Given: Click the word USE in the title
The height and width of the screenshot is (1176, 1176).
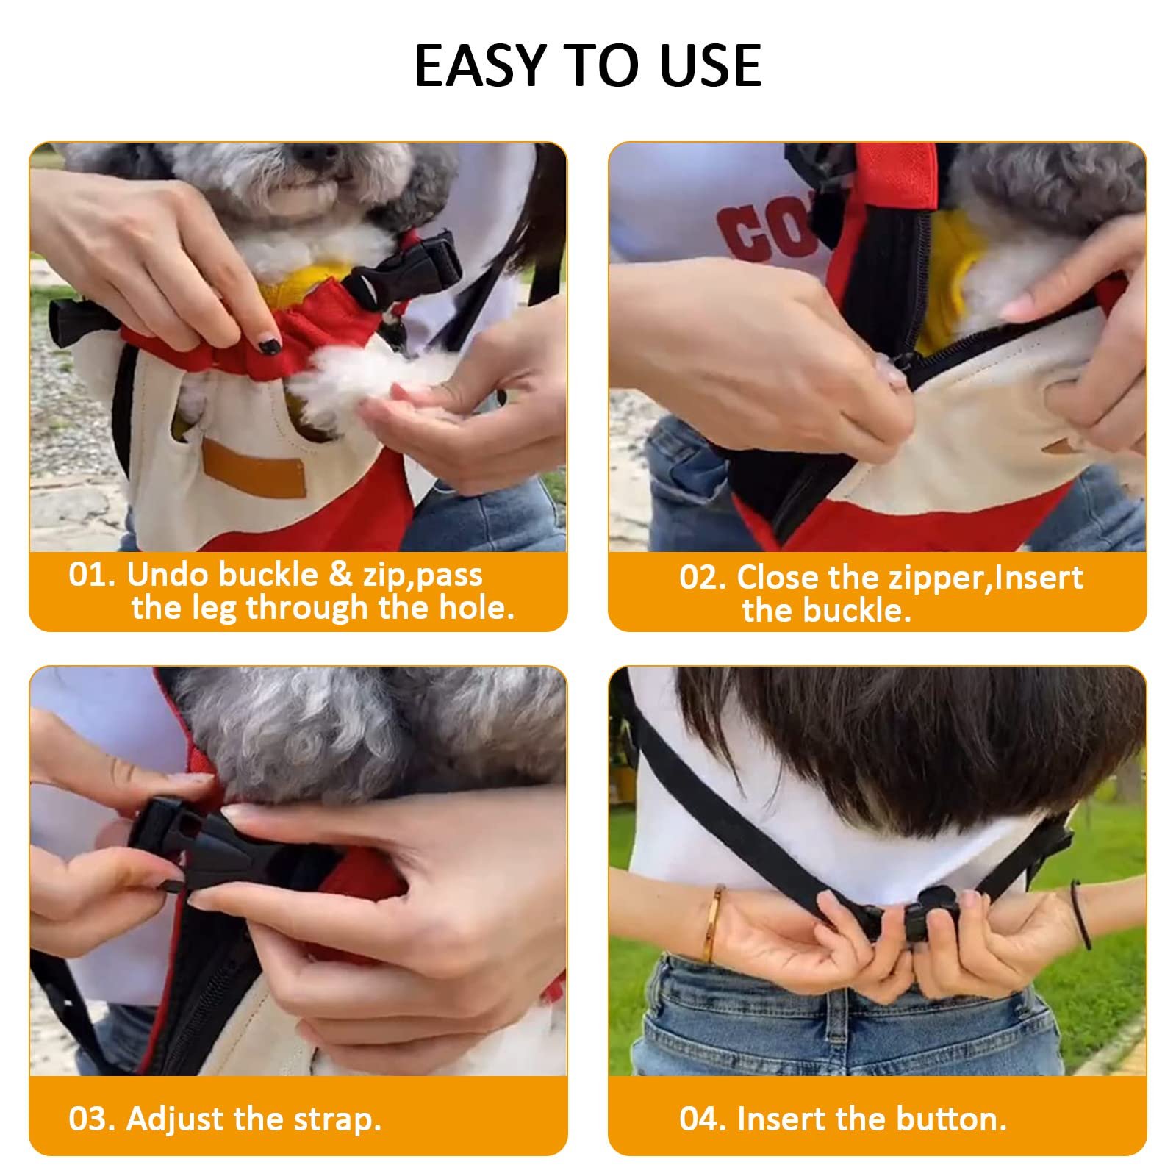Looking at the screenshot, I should tap(710, 66).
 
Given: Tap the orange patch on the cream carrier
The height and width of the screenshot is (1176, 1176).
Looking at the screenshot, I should tap(254, 467).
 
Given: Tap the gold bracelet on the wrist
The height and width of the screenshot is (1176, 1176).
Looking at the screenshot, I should tap(713, 923).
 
